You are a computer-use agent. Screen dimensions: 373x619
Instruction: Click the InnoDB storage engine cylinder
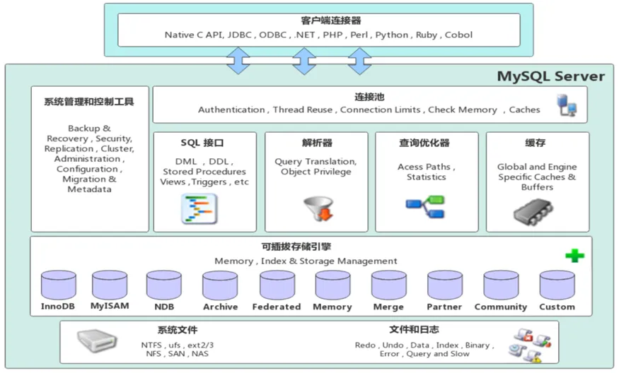coord(58,285)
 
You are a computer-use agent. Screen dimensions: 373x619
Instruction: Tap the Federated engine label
coord(277,307)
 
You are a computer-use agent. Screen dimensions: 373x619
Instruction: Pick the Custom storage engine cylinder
coord(557,285)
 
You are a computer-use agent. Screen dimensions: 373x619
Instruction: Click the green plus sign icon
coord(574,256)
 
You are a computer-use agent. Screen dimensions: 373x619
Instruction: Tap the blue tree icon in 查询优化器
coord(425,208)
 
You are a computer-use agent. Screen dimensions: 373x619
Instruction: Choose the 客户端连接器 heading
coord(321,20)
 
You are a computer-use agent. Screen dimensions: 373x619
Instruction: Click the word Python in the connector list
coord(391,35)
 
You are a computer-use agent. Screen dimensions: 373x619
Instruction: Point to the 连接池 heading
coord(369,96)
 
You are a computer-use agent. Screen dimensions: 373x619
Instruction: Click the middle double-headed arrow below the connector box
coord(305,61)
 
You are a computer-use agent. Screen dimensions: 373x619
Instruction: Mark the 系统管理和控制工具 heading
coord(88,102)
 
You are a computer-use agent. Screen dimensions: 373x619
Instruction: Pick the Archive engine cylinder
coord(220,285)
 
